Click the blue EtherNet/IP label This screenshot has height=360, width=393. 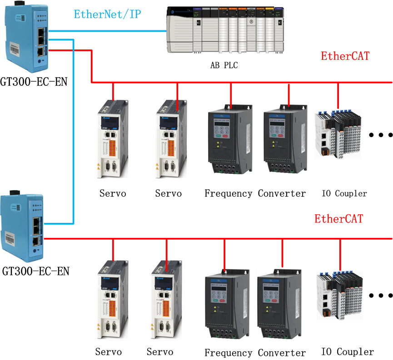(x=108, y=14)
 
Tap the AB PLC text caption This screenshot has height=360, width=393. (x=224, y=65)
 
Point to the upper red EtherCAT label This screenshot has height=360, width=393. (x=345, y=56)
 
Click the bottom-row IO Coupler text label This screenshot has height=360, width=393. (x=348, y=352)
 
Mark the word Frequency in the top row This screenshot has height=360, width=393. (x=228, y=193)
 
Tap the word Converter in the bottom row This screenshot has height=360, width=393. (x=282, y=353)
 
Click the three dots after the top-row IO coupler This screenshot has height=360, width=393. (x=380, y=135)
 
